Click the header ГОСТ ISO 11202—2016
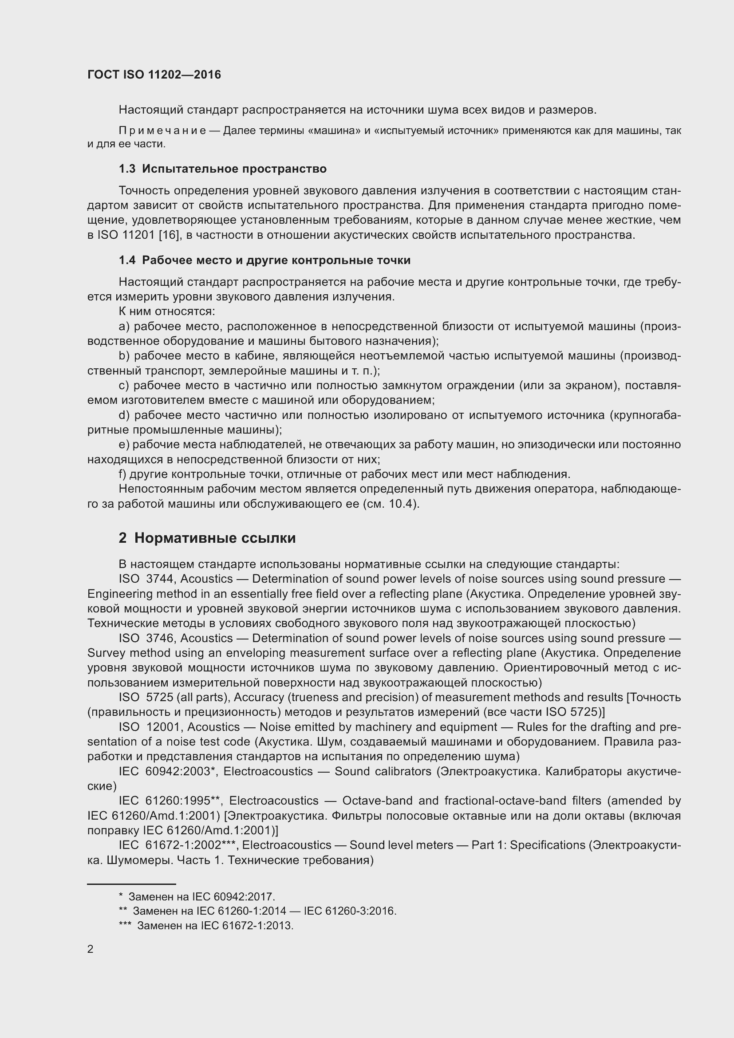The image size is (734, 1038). [x=154, y=75]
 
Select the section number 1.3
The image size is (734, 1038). [x=127, y=169]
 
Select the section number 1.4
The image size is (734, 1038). [x=127, y=260]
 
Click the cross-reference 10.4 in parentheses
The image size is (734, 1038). [x=401, y=504]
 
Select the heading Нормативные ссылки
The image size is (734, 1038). [x=215, y=538]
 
